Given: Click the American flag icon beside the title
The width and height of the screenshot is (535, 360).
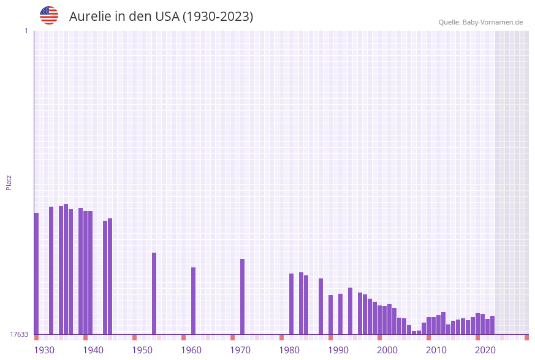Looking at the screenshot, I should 49,15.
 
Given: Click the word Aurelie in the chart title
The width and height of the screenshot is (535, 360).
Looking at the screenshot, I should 89,17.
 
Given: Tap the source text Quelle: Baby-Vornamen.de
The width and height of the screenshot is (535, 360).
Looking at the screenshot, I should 480,22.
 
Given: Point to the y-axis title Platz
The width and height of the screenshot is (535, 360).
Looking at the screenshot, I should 9,182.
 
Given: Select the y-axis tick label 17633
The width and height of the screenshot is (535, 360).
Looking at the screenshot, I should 19,334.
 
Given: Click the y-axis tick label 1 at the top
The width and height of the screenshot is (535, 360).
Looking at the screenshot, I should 26,31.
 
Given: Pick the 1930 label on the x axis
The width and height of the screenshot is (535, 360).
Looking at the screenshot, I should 44,350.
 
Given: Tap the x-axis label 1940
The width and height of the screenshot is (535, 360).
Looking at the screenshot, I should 93,350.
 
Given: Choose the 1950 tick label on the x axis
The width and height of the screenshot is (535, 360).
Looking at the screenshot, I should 142,350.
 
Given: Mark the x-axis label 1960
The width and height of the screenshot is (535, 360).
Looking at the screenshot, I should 191,350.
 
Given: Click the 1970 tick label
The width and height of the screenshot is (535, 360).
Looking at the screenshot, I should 240,350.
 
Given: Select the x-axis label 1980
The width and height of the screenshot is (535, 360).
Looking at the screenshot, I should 289,350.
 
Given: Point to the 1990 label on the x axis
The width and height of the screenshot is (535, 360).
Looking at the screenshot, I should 338,350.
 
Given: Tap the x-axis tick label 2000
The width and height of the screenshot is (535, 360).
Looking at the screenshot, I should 387,350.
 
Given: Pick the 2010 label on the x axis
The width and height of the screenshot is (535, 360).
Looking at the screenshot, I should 436,350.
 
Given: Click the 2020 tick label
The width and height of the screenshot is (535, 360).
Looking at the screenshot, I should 485,350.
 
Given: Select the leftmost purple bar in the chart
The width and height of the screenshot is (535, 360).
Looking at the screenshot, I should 37,274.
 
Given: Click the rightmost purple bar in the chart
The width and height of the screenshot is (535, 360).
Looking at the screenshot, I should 493,325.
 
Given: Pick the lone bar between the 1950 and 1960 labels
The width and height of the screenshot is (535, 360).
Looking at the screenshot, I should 154,293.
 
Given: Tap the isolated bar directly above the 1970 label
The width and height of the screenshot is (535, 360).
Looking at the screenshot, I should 243,296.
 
